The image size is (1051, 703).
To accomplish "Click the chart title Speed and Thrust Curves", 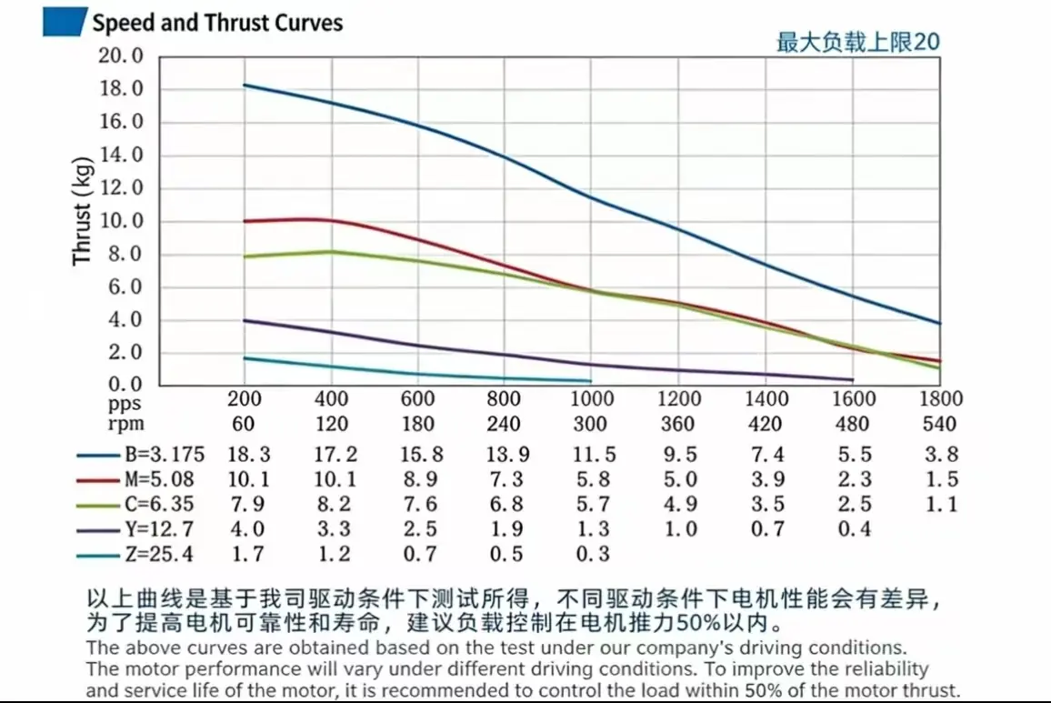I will tap(217, 22).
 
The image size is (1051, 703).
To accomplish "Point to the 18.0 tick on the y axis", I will tap(121, 89).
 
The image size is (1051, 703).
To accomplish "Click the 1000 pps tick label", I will tap(591, 399).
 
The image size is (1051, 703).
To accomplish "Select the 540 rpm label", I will tap(940, 424).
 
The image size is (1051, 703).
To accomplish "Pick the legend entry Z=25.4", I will tap(158, 554).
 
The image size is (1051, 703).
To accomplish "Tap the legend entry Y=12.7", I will tap(158, 529).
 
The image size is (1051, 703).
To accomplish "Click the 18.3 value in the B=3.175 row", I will tap(244, 455).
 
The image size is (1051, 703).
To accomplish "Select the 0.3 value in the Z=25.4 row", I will tap(591, 554).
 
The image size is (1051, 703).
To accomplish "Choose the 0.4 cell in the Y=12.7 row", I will tap(853, 529).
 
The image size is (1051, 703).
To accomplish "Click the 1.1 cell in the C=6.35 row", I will tap(940, 504).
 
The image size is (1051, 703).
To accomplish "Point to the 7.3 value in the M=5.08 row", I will tap(504, 479).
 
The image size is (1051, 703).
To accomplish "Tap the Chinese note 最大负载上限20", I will tap(857, 42).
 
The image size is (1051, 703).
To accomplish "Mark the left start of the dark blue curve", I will tap(244, 85).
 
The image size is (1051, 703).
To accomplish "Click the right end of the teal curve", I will tap(591, 381).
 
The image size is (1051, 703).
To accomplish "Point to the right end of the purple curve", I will tap(853, 379).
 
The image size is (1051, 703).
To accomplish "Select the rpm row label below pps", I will tap(125, 424).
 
